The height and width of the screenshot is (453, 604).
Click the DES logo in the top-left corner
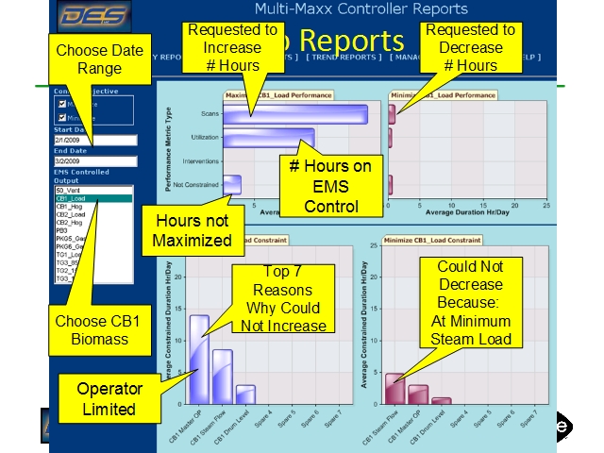click(92, 16)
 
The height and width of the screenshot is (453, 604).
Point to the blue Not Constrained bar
click(232, 184)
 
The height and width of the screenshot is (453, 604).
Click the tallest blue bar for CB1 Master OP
click(199, 359)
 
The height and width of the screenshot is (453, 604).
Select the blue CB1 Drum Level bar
click(245, 394)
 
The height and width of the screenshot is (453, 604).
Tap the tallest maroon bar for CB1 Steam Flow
click(394, 389)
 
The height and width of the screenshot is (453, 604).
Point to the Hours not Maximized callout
click(192, 230)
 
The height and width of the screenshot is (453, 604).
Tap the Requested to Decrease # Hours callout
click(470, 47)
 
